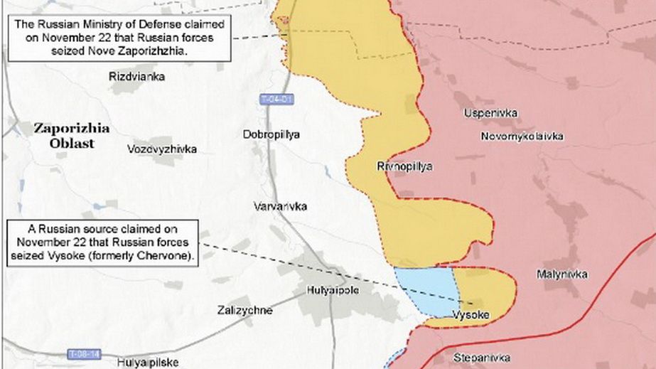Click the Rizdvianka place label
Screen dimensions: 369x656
point(137,76)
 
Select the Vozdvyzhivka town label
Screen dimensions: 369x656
point(162,149)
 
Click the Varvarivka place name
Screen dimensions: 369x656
point(280,206)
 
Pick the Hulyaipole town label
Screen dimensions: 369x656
point(333,290)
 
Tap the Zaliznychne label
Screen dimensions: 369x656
point(244,310)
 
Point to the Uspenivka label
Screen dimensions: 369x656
point(490,113)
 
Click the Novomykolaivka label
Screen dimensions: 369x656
point(522,135)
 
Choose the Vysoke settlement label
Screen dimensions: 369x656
point(471,314)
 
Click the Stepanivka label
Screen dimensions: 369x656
point(481,358)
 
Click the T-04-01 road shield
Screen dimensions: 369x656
point(276,99)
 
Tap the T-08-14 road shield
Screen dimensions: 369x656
point(85,353)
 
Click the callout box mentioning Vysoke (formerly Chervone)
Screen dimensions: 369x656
point(103,243)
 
